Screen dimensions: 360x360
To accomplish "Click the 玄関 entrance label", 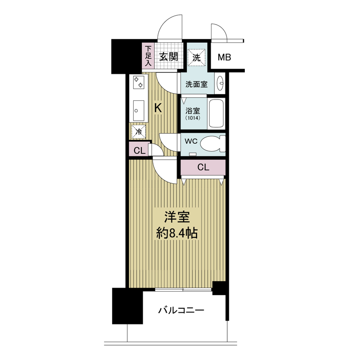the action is (x=169, y=57).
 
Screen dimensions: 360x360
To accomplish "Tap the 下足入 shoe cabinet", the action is (x=148, y=56).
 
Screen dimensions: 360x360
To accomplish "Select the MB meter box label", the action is (x=224, y=57).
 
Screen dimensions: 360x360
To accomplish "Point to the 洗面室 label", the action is (x=196, y=84).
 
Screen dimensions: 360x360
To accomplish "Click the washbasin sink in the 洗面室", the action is (x=220, y=84).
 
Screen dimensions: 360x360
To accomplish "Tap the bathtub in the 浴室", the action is (x=216, y=113).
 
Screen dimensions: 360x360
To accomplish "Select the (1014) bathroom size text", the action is (x=193, y=118).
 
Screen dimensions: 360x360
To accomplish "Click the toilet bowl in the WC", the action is (x=213, y=144).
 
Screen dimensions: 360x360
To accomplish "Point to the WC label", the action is (x=191, y=141).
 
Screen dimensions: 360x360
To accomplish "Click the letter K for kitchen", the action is (x=158, y=108).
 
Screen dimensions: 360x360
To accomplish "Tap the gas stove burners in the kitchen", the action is (x=139, y=83).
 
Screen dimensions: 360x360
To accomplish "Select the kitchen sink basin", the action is (x=139, y=110).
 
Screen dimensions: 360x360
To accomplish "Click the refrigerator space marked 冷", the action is (x=139, y=131).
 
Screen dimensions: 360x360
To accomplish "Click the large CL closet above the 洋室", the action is (x=203, y=167).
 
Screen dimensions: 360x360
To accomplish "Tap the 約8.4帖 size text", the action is (x=177, y=234).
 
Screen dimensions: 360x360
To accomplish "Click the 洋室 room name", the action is (x=177, y=217).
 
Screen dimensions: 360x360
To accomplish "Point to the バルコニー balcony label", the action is (x=181, y=310).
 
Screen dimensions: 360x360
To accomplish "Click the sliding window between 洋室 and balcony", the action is (x=183, y=290).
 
